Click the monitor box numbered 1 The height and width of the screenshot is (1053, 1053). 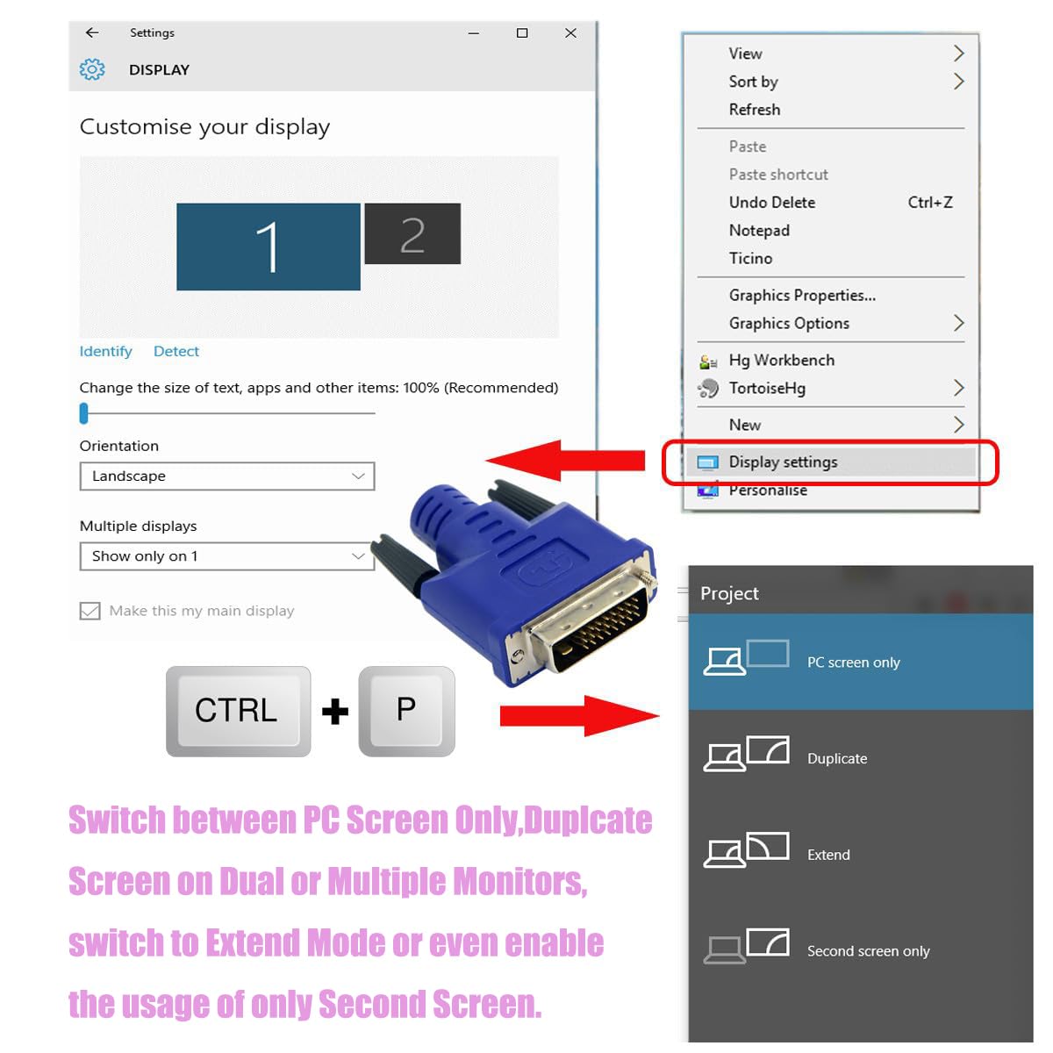coord(268,247)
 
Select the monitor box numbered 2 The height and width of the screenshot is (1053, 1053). coord(412,234)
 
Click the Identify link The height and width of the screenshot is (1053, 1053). coord(105,351)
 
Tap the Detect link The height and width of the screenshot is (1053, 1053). coord(176,351)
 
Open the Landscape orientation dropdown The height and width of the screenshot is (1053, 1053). coord(227,476)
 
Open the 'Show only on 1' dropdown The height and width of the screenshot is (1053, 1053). coord(227,556)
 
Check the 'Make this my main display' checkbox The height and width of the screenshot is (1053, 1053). coord(90,611)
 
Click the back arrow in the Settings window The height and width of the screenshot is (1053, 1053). coord(92,32)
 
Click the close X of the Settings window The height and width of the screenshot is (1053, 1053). coord(570,32)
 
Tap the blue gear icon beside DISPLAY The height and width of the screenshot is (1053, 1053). coord(92,69)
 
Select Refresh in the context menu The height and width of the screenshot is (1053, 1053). coord(754,110)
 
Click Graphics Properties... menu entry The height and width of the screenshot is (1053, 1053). coord(802,295)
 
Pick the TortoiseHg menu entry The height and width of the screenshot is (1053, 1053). coord(767,388)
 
